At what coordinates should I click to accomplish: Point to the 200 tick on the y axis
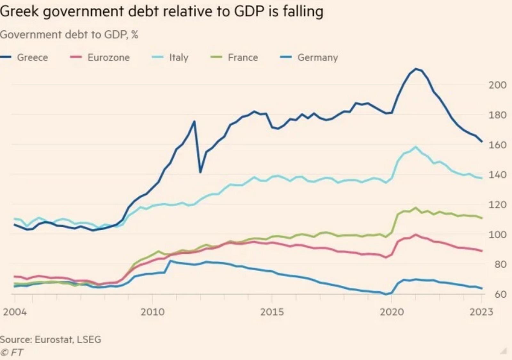[x=497, y=85]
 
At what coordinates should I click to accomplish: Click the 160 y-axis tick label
[x=497, y=145]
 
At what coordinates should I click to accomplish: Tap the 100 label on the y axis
[x=497, y=234]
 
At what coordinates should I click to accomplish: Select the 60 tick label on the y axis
[x=500, y=294]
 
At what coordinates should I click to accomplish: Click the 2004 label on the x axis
[x=15, y=312]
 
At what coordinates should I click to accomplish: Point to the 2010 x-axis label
[x=152, y=312]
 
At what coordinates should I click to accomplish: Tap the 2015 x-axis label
[x=272, y=312]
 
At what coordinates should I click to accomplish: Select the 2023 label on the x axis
[x=481, y=312]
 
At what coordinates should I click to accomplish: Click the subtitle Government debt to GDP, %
[x=69, y=35]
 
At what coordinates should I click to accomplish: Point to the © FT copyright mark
[x=12, y=352]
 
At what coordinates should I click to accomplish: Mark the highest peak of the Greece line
[x=416, y=69]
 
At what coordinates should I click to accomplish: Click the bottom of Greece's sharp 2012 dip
[x=200, y=172]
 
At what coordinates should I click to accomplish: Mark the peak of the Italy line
[x=416, y=147]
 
